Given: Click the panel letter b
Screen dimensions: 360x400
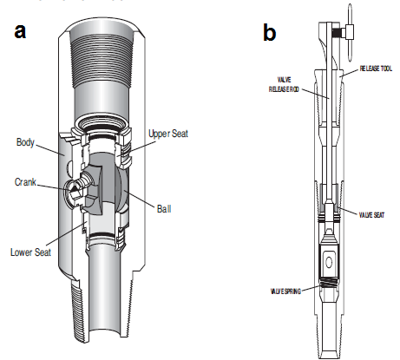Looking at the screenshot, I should (x=270, y=32).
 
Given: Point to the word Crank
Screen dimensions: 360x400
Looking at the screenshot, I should (x=27, y=182).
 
